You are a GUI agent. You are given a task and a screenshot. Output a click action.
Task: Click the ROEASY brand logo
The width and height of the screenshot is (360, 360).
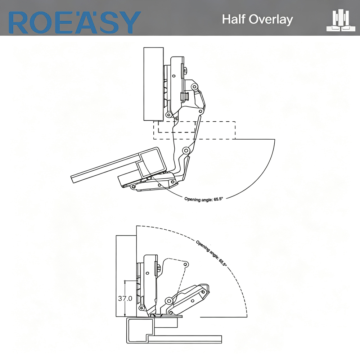click(x=75, y=22)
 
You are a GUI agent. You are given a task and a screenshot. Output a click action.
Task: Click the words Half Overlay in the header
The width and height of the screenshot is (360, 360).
click(x=257, y=19)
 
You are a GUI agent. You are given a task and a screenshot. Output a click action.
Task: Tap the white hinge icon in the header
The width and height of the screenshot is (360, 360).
click(x=341, y=21)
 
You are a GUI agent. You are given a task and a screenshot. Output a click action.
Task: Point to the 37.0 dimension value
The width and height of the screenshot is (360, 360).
click(x=125, y=298)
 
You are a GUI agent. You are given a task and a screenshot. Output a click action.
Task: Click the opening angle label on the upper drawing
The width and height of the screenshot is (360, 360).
click(x=204, y=199)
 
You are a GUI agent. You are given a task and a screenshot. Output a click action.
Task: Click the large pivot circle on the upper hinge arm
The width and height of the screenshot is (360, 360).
click(x=186, y=151)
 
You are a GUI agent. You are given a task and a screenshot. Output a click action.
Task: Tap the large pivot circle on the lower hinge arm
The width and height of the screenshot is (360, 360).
click(x=169, y=301)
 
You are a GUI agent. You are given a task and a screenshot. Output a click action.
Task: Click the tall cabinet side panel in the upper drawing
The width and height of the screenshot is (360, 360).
click(x=154, y=84)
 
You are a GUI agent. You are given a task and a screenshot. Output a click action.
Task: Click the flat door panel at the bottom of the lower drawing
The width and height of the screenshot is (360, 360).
click(x=185, y=339)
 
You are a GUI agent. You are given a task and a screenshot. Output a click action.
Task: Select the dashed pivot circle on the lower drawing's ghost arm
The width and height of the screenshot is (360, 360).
click(x=186, y=265)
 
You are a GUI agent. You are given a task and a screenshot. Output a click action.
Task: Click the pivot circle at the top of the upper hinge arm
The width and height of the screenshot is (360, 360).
click(x=195, y=87)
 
